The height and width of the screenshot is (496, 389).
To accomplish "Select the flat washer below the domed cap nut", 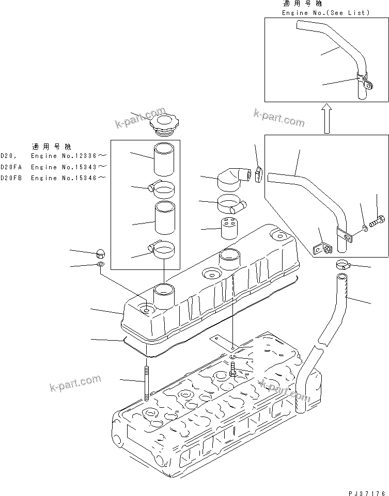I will click(100, 265).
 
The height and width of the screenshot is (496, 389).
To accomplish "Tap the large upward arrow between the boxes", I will click(326, 117).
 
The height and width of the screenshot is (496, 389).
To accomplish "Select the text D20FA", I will click(11, 167).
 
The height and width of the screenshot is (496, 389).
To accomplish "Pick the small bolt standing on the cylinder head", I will click(234, 369).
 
